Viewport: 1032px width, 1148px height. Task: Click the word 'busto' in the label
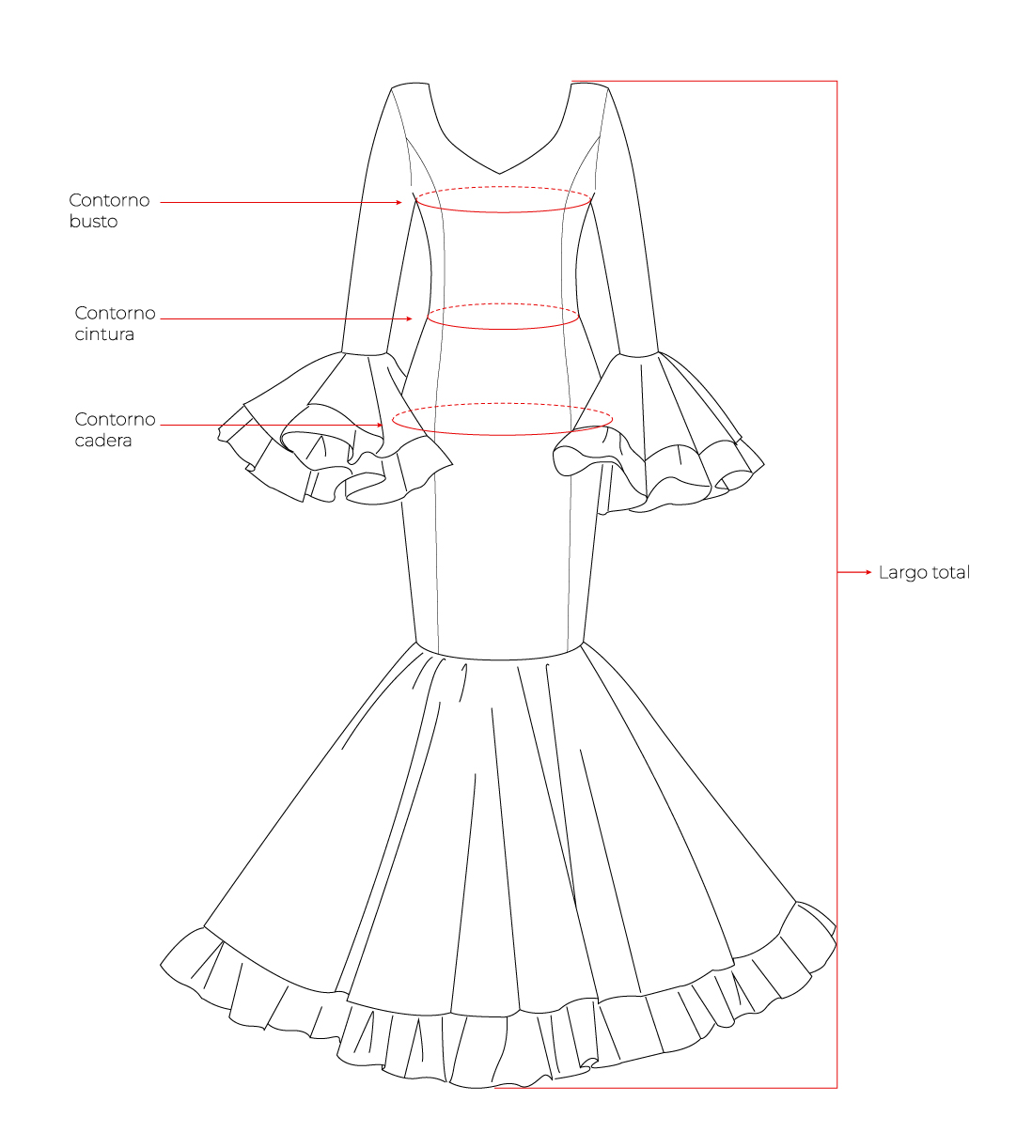pyautogui.click(x=94, y=221)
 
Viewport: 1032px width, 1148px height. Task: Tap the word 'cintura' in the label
pyautogui.click(x=104, y=334)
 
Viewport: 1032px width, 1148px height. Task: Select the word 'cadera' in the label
pyautogui.click(x=103, y=441)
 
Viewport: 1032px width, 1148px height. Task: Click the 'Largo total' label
pyautogui.click(x=924, y=572)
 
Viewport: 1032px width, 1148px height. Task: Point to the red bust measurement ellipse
pyautogui.click(x=503, y=212)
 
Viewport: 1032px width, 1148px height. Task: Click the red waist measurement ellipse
pyautogui.click(x=503, y=329)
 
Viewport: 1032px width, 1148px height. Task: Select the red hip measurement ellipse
pyautogui.click(x=503, y=435)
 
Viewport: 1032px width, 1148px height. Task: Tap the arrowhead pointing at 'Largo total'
pyautogui.click(x=868, y=572)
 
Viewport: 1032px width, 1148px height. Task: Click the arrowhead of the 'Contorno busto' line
pyautogui.click(x=399, y=202)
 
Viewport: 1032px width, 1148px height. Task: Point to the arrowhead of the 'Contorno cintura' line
pyautogui.click(x=410, y=319)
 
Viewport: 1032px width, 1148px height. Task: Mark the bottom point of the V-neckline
pyautogui.click(x=500, y=174)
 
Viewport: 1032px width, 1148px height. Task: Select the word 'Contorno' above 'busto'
pyautogui.click(x=109, y=200)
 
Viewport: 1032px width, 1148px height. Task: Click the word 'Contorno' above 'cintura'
pyautogui.click(x=115, y=313)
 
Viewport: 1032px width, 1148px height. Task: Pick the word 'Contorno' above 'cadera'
pyautogui.click(x=115, y=419)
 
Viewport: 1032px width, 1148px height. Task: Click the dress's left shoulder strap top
pyautogui.click(x=410, y=85)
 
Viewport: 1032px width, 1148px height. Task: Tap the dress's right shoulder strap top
pyautogui.click(x=589, y=85)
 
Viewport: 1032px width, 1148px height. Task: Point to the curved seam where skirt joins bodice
pyautogui.click(x=500, y=659)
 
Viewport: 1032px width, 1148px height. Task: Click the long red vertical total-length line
pyautogui.click(x=837, y=583)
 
